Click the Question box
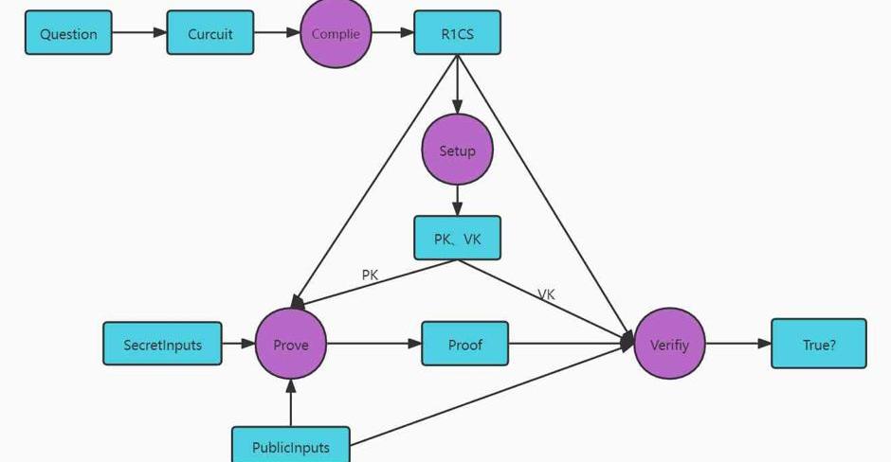point(68,33)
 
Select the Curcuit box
point(209,33)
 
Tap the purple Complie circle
point(336,33)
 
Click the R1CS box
point(457,33)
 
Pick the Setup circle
point(457,151)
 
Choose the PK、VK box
point(457,239)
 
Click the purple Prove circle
point(291,345)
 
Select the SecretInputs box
point(162,345)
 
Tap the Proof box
point(464,345)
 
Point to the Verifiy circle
point(669,345)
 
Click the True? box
point(819,345)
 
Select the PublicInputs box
point(291,447)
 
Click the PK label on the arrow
point(370,275)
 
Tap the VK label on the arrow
point(546,294)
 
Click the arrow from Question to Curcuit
point(139,33)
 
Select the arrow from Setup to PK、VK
point(457,201)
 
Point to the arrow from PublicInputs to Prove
point(291,402)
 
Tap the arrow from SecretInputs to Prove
point(238,344)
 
